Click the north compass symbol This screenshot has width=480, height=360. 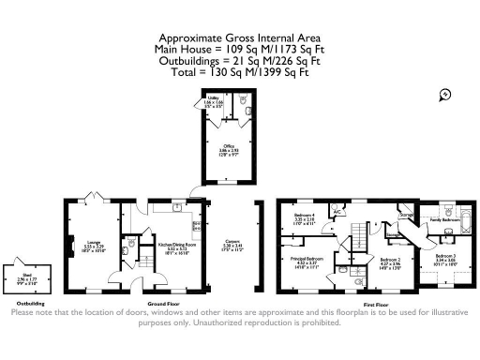click(444, 94)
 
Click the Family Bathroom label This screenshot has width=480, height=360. click(442, 220)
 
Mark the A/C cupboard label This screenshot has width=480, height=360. click(336, 212)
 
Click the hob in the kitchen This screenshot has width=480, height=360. click(194, 226)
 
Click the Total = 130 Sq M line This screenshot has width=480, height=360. click(239, 70)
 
